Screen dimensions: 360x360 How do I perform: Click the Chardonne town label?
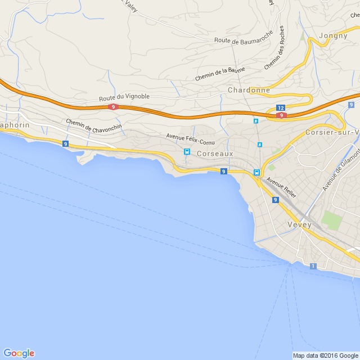[x=249, y=90]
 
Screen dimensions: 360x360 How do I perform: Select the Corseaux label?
[x=215, y=152]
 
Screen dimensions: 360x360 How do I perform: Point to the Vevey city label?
[x=299, y=224]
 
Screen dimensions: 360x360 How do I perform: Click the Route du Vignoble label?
[x=124, y=97]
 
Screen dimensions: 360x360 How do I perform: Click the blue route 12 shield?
[x=281, y=107]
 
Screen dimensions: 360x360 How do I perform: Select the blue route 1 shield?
[x=313, y=265]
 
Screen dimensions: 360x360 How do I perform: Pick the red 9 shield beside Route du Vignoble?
[x=114, y=106]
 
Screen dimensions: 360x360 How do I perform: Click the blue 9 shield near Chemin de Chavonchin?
[x=66, y=144]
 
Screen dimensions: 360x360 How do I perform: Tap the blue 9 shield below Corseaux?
[x=224, y=171]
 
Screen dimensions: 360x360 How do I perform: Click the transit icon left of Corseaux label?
[x=187, y=152]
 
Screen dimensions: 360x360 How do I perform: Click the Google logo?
[x=19, y=353]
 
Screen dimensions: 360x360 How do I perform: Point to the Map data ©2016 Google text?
[x=325, y=355]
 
